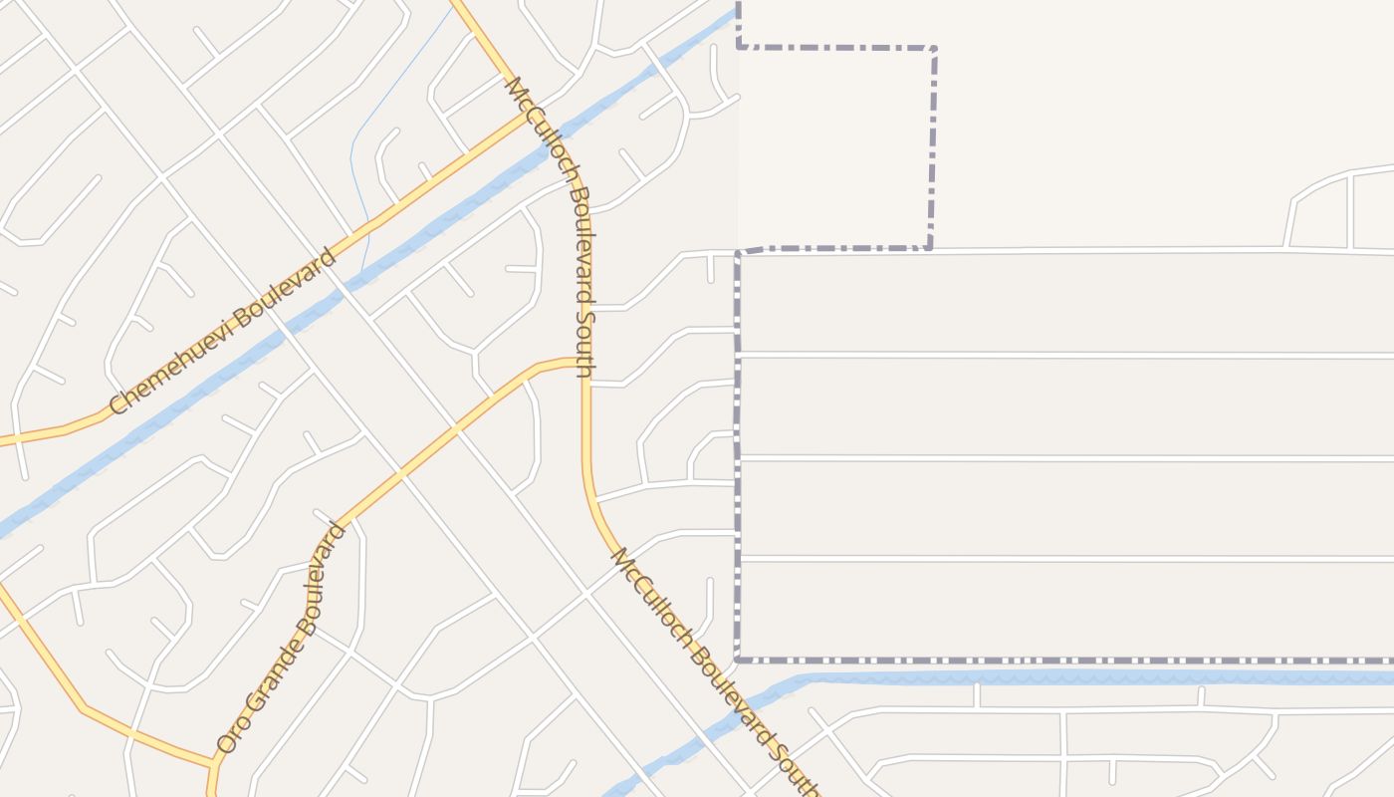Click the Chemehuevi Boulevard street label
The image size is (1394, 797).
click(x=222, y=332)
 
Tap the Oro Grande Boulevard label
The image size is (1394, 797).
click(x=282, y=639)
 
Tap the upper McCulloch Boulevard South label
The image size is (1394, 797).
click(x=552, y=227)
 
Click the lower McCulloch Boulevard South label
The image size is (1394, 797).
click(x=711, y=670)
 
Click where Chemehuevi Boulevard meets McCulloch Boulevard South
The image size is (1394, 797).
click(x=525, y=115)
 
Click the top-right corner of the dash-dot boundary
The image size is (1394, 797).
click(x=934, y=48)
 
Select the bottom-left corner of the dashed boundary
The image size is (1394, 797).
click(x=738, y=660)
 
